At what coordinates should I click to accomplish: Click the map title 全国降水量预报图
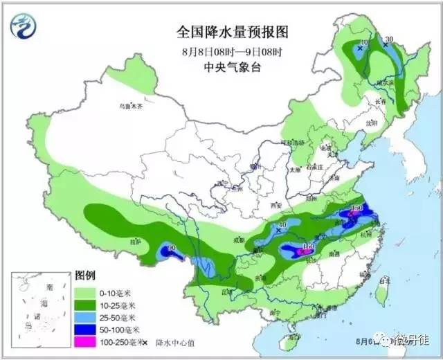click(x=222, y=33)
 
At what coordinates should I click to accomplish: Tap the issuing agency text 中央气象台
click(x=223, y=67)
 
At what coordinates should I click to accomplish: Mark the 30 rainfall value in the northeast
click(x=389, y=39)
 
